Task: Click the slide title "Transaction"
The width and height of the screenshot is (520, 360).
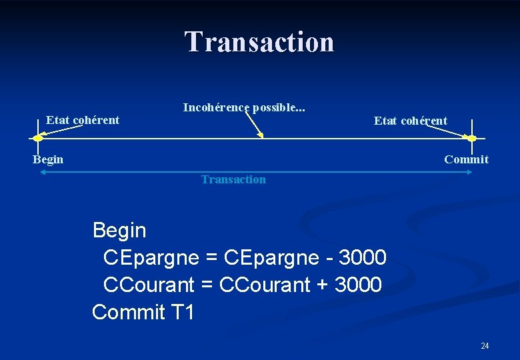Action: coord(259,41)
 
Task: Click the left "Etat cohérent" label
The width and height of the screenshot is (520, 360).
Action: coord(83,120)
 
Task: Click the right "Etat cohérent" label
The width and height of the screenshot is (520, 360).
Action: coord(411,121)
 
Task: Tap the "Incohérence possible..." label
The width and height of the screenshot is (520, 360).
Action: coord(244,107)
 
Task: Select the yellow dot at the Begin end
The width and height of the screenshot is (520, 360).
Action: coord(38,138)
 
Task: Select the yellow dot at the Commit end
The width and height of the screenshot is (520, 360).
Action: coord(472,138)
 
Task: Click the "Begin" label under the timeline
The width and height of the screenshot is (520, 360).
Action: coord(49,159)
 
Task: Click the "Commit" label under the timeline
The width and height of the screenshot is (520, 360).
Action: coord(466,159)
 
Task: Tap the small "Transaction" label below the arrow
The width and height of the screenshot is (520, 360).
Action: coord(233,179)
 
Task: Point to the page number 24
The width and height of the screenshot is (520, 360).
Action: coord(485,345)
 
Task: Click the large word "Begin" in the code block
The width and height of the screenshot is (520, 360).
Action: coord(119,231)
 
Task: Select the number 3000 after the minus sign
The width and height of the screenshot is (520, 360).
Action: coord(363,257)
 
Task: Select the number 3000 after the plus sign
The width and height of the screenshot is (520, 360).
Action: coord(358,285)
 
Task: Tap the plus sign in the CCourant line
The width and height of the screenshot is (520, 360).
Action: coord(323,285)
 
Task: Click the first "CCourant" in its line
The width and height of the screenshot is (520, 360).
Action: coord(149,285)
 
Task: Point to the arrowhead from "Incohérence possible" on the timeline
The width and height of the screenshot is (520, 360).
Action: coord(262,137)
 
